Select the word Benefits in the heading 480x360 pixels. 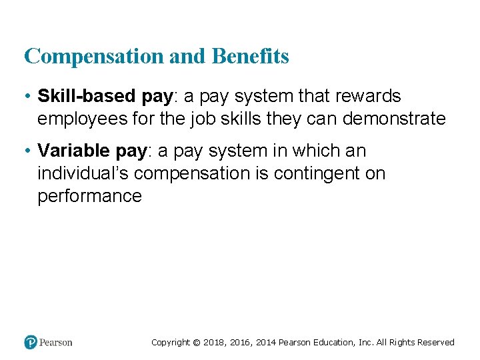click(250, 57)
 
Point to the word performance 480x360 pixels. click(89, 197)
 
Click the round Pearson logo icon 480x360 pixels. click(31, 342)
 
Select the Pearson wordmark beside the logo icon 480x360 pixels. click(56, 343)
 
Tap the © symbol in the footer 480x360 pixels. click(196, 343)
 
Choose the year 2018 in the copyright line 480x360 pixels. click(214, 343)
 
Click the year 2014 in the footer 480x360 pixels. click(266, 343)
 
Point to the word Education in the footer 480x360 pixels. click(332, 343)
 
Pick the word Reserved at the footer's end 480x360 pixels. click(436, 343)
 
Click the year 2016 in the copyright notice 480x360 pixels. click(240, 343)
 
